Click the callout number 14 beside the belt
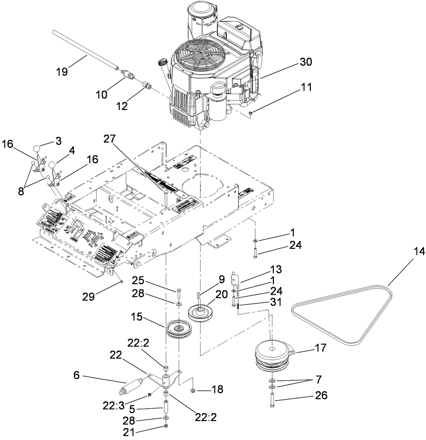pyautogui.click(x=419, y=252)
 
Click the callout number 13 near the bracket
pyautogui.click(x=275, y=269)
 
